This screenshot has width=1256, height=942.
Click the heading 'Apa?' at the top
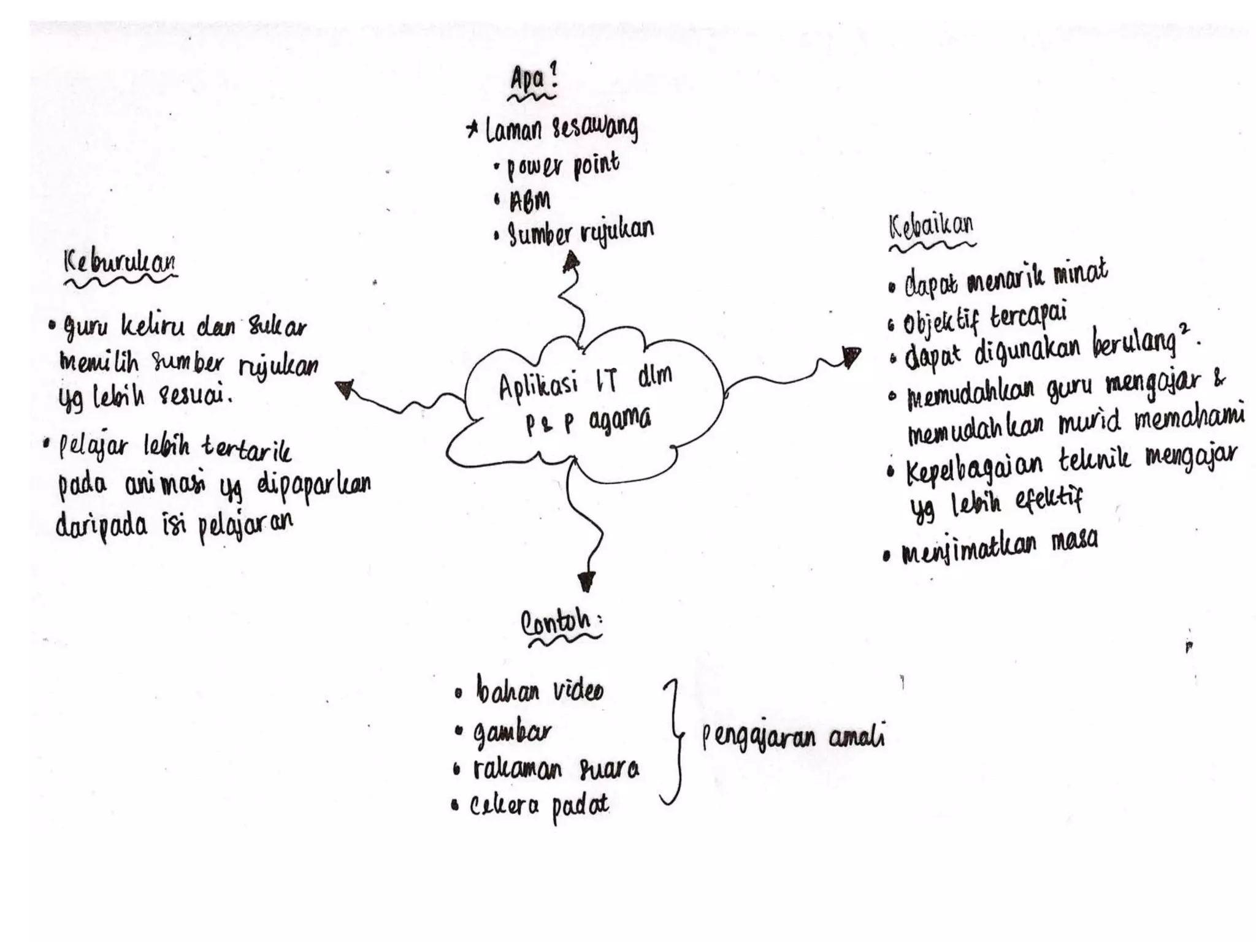[532, 80]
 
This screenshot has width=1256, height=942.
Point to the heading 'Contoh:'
[559, 623]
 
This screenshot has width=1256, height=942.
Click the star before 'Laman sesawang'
[473, 130]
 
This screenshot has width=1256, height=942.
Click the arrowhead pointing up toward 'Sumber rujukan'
[571, 262]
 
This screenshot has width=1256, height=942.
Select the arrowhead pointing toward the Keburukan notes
[345, 389]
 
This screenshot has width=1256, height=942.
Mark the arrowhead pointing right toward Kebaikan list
[851, 357]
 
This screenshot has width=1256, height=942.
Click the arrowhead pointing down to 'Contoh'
[586, 580]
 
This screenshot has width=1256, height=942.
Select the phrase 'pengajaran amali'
[793, 738]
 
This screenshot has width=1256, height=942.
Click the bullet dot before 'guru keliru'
[52, 325]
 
